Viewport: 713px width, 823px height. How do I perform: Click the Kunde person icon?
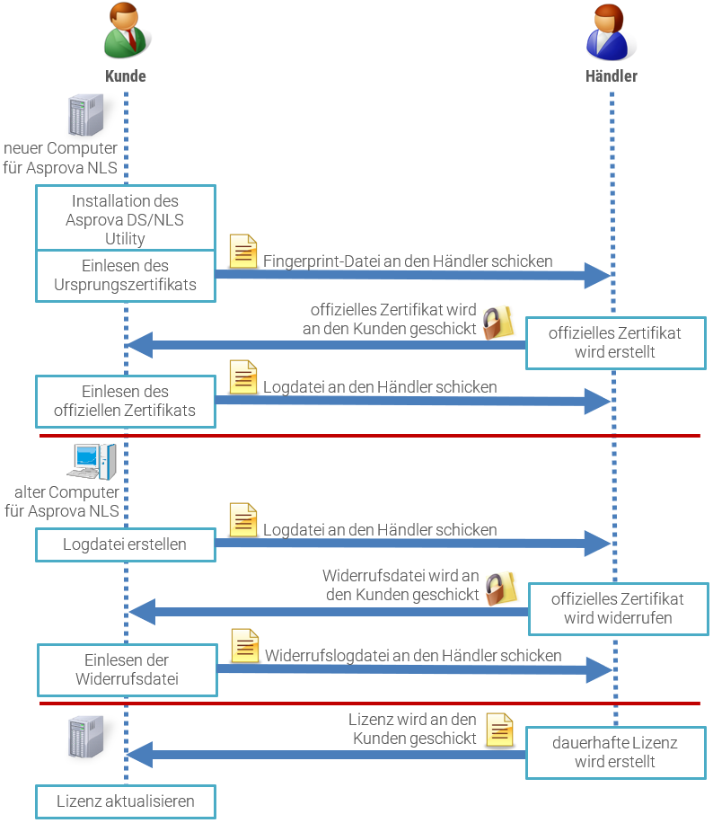pyautogui.click(x=125, y=31)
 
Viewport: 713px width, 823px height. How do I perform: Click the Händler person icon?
pyautogui.click(x=611, y=31)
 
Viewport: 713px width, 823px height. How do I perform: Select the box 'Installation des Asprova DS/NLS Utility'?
pyautogui.click(x=126, y=219)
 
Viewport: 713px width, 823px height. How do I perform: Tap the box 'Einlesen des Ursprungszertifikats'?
pyautogui.click(x=126, y=276)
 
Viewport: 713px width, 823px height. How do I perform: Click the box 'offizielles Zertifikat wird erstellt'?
pyautogui.click(x=615, y=342)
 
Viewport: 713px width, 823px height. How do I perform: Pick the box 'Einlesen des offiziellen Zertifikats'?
pyautogui.click(x=126, y=402)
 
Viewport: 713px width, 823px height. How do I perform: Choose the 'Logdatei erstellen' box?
pyautogui.click(x=126, y=544)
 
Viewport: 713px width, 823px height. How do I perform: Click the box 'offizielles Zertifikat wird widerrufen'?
pyautogui.click(x=617, y=608)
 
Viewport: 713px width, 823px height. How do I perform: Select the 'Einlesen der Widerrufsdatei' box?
pyautogui.click(x=127, y=669)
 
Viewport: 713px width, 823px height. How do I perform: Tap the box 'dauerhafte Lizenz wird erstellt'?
pyautogui.click(x=615, y=753)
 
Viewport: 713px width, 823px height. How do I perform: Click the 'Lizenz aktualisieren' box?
pyautogui.click(x=126, y=801)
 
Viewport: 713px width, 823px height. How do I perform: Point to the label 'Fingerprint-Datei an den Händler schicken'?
pyautogui.click(x=408, y=261)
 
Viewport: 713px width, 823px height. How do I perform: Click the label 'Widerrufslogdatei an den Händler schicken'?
pyautogui.click(x=413, y=656)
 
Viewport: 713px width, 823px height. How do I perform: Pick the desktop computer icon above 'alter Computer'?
pyautogui.click(x=92, y=462)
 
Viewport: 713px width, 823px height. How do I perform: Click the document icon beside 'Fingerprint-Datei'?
pyautogui.click(x=243, y=252)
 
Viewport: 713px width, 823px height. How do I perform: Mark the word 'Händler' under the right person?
pyautogui.click(x=612, y=76)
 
